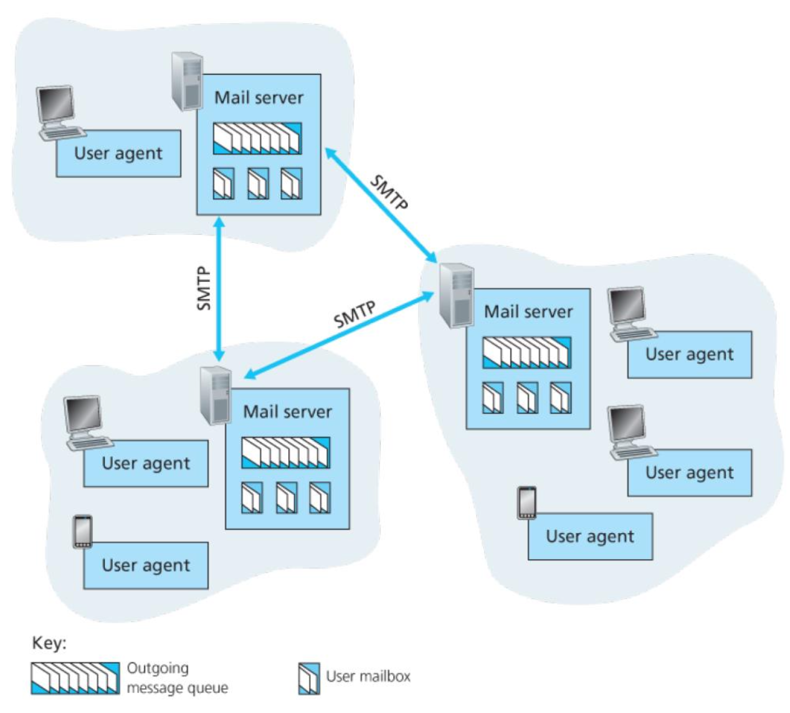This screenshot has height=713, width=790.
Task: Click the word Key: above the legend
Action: pos(49,643)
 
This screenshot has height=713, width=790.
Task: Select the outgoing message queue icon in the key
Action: pos(75,677)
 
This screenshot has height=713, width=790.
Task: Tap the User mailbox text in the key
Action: pos(368,676)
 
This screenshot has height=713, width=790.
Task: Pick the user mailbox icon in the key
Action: pos(308,678)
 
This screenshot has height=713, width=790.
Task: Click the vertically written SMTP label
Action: pos(204,288)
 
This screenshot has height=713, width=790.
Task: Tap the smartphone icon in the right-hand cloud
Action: pos(526,502)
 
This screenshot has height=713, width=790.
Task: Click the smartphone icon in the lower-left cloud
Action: pos(82,532)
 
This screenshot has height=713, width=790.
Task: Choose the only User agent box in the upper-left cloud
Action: pos(118,153)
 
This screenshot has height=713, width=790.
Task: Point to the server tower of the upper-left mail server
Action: pos(187,81)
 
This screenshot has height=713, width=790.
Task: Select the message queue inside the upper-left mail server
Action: pos(257,138)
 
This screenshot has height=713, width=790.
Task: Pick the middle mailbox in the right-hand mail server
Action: pos(527,397)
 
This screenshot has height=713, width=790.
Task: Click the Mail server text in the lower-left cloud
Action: pos(287,411)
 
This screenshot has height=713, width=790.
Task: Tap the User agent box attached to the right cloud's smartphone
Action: pos(590,537)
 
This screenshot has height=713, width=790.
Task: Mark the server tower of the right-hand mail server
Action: pos(456,295)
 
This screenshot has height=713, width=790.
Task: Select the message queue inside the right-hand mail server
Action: pos(526,352)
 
